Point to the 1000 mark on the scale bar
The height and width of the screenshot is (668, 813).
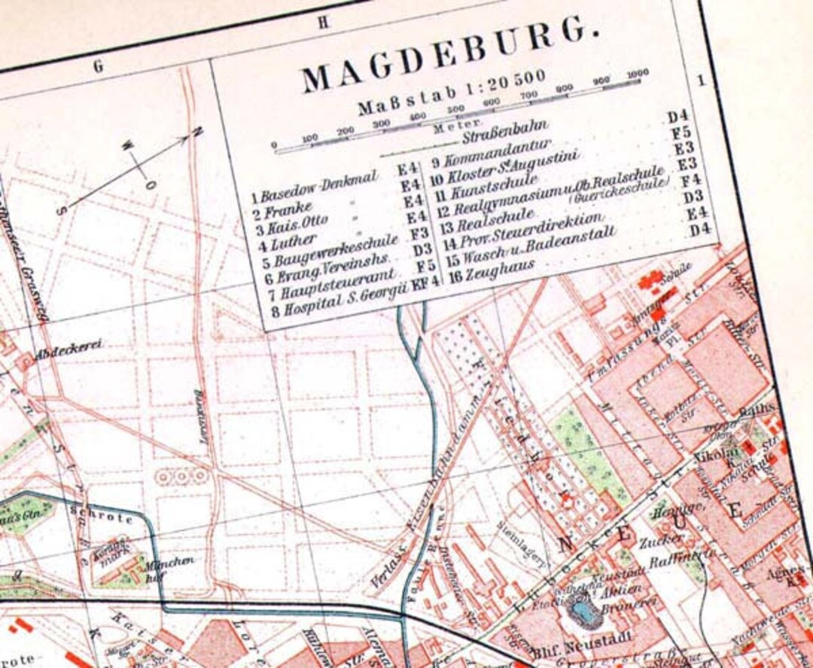637,73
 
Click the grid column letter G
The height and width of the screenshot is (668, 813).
98,66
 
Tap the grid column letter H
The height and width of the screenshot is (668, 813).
323,22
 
